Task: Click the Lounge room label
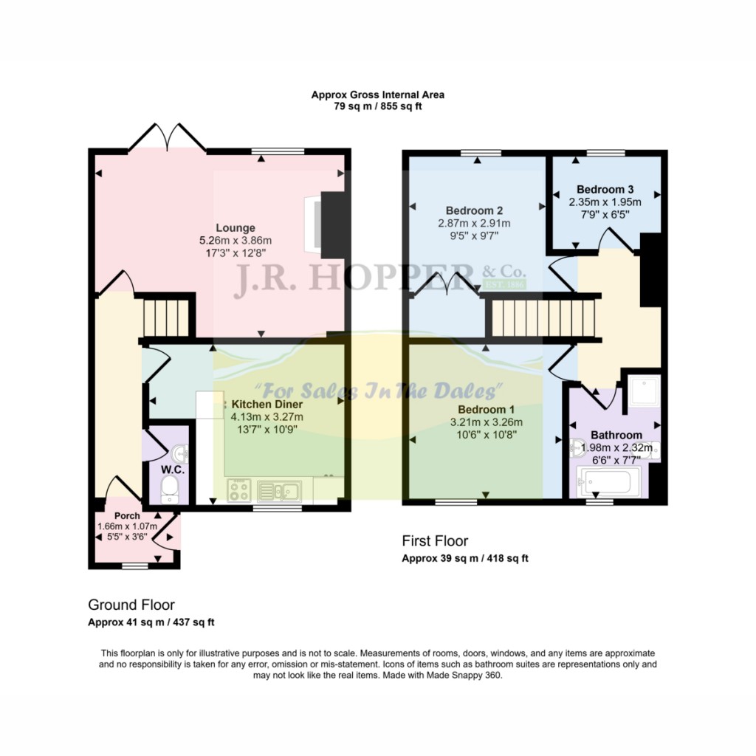236,228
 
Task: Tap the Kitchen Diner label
267,405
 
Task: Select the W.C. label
173,470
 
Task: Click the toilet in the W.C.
169,489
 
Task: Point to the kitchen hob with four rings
239,490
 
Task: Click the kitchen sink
279,491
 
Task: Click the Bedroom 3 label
605,190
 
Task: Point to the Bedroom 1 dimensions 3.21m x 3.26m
486,422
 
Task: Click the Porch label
127,516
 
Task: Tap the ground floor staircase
166,317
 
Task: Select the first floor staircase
544,317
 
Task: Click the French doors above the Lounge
168,138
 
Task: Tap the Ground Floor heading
131,605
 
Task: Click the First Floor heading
435,541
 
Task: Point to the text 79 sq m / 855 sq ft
378,106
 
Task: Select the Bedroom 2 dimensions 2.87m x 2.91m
474,223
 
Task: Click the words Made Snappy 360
464,676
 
